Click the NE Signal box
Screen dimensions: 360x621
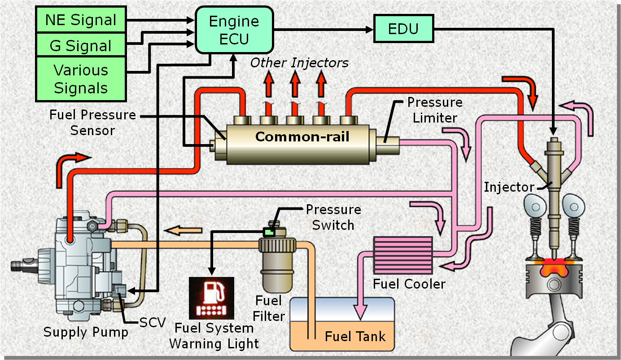pos(81,20)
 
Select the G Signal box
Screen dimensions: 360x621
pos(81,45)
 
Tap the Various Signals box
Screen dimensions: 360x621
pos(81,79)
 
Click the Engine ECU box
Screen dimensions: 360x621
pos(234,30)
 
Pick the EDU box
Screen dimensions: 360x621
pos(403,29)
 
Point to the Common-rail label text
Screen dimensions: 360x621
pos(302,136)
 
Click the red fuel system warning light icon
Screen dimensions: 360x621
pos(211,297)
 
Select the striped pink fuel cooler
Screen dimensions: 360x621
pos(403,255)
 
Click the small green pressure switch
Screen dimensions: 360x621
pos(269,232)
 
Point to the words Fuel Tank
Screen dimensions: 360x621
pos(355,336)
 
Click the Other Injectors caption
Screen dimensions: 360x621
pos(299,62)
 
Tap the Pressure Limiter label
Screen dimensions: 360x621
pos(434,110)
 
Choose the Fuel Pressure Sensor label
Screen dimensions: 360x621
pos(93,123)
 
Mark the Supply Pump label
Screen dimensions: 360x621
pos(86,332)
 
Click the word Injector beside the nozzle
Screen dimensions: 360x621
pos(509,187)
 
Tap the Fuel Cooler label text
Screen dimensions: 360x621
pos(409,284)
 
